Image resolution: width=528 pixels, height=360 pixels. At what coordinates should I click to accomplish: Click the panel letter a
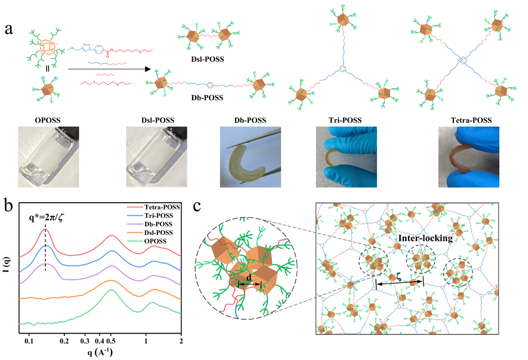coord(9,29)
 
